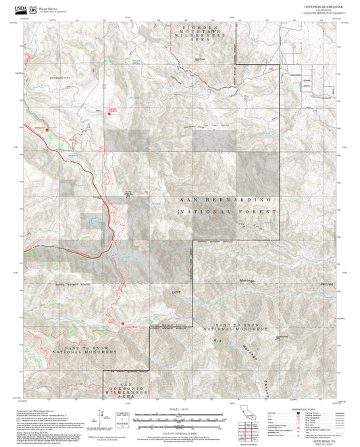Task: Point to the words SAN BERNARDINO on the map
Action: click(x=226, y=201)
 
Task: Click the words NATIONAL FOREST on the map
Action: click(x=227, y=212)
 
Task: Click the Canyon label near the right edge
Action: click(x=327, y=284)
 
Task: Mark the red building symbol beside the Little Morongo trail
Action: click(x=123, y=326)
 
